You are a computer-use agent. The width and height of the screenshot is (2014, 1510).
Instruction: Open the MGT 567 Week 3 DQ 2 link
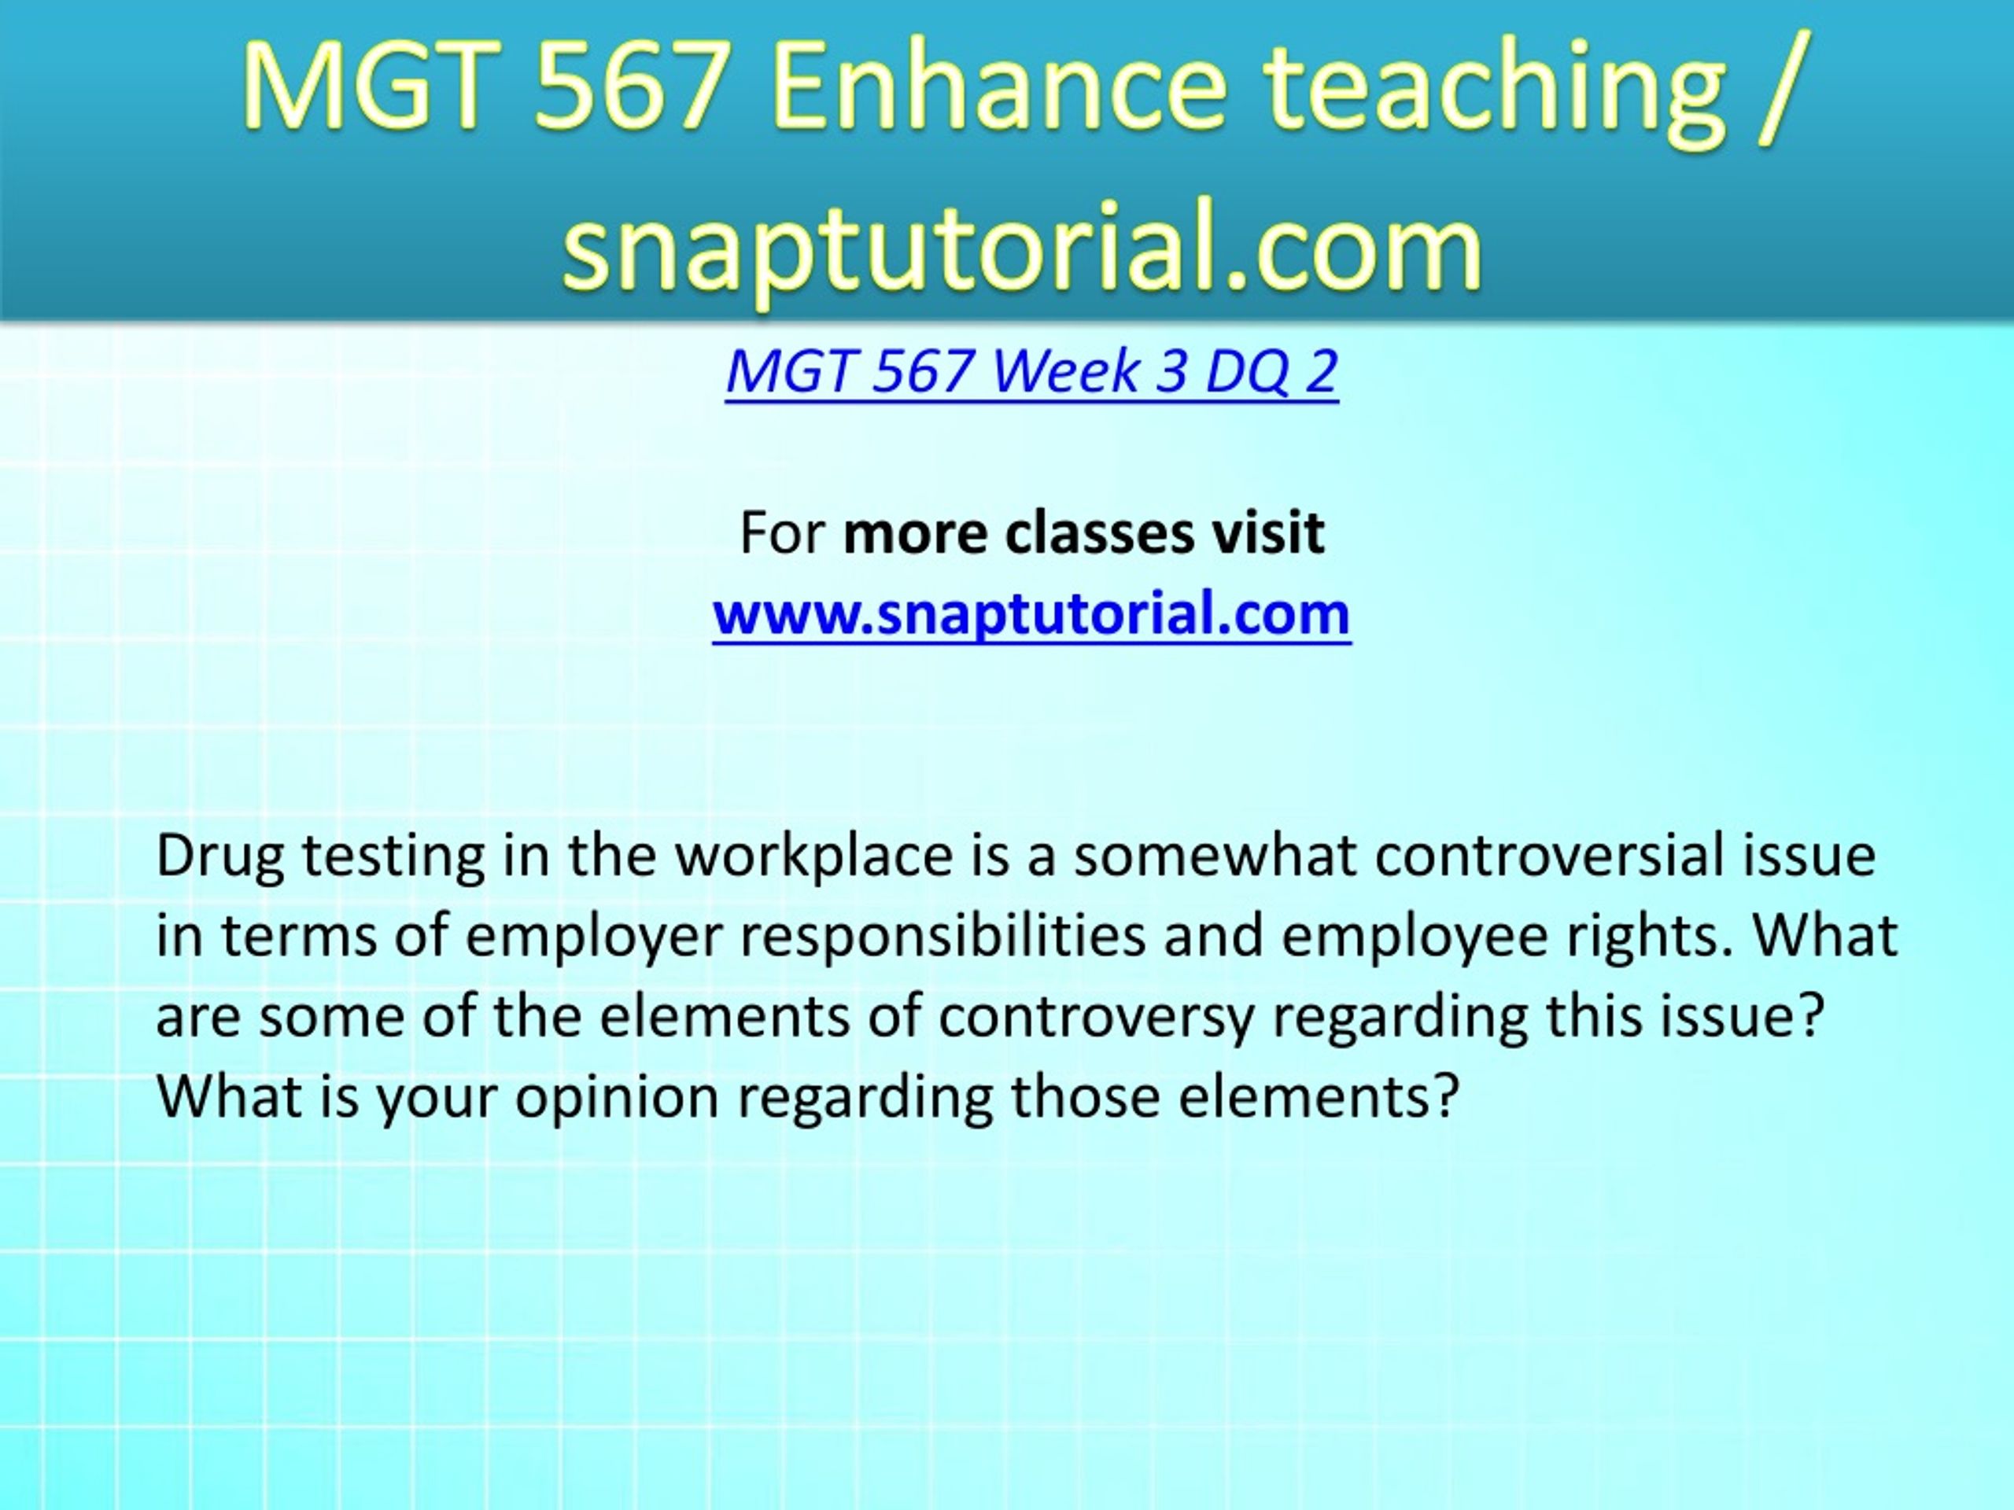pyautogui.click(x=1031, y=371)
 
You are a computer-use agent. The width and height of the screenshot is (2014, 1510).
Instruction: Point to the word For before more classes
pyautogui.click(x=782, y=532)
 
